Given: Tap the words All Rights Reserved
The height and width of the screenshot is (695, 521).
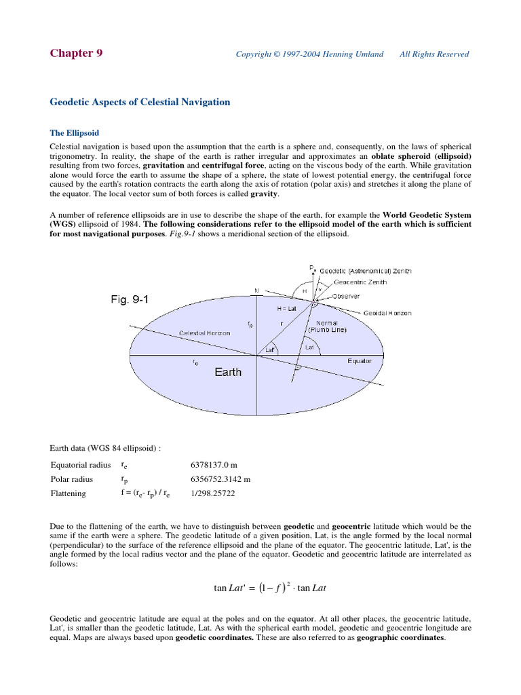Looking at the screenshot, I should pos(433,54).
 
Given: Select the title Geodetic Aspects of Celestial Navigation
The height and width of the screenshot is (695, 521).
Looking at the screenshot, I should pos(140,102).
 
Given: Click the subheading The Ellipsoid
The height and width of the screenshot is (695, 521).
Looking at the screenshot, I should pos(75,133).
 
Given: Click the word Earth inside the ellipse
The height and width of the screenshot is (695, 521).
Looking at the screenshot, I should pos(228,372).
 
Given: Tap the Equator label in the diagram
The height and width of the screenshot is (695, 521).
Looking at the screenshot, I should pos(360,361).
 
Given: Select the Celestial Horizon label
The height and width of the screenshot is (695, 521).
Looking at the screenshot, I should pos(204,333).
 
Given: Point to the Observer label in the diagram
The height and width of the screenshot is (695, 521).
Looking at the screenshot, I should pos(346,297).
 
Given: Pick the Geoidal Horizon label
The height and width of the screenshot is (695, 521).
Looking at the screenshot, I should pos(387,314).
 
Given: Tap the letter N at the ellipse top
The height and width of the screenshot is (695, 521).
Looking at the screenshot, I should pos(256,291).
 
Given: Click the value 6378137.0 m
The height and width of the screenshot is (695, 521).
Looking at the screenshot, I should pos(215,466).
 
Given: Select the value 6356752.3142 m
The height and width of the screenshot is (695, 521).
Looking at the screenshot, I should pos(221,479).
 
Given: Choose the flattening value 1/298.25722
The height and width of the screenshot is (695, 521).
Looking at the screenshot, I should pos(213,493).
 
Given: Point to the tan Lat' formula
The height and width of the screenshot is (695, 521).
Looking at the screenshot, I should pos(270,588).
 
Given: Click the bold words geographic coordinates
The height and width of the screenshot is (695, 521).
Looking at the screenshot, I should pos(400,639).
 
